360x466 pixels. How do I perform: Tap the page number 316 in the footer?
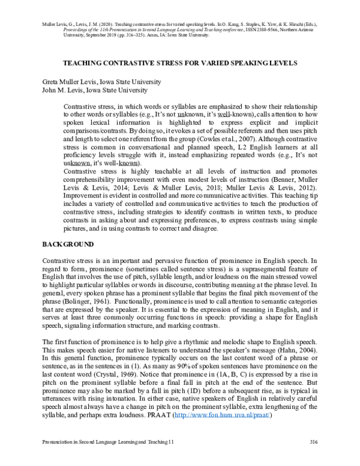[312, 458]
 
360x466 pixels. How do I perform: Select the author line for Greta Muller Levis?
[101, 82]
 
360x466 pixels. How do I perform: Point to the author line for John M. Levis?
[95, 90]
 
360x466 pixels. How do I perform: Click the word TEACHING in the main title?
[81, 62]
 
